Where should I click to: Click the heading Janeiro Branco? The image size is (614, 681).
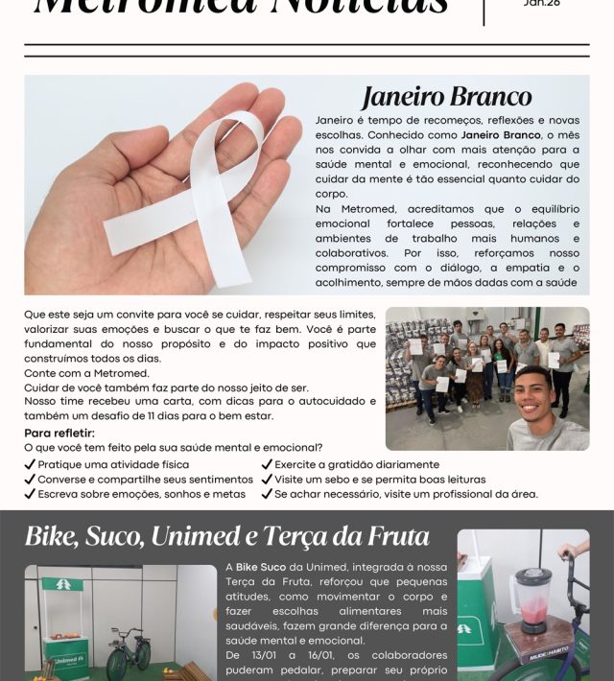[x=446, y=97]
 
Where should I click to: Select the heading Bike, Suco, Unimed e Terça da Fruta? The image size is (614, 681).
[x=227, y=536]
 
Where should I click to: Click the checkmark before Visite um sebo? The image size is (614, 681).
[x=267, y=480]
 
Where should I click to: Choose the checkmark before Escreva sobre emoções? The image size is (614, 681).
[x=30, y=494]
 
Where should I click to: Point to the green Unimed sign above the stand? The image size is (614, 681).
[x=61, y=584]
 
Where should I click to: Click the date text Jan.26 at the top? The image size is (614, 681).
[x=542, y=4]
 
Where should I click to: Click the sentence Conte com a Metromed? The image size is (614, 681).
[x=86, y=373]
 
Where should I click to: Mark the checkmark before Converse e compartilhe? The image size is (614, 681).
[x=30, y=480]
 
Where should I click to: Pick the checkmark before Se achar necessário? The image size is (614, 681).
[x=267, y=494]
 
